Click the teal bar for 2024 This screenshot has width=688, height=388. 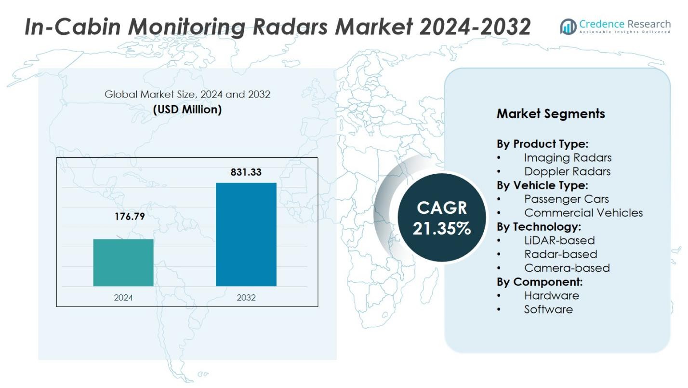(x=123, y=263)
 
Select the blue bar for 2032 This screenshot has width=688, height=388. (x=246, y=235)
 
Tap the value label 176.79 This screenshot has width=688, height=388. (x=129, y=217)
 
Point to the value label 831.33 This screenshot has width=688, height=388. (x=246, y=172)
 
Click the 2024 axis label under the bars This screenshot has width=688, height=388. (x=123, y=297)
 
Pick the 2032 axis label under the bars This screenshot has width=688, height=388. (x=246, y=297)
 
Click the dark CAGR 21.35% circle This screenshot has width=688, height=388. (x=441, y=218)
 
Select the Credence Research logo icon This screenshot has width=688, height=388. (x=568, y=27)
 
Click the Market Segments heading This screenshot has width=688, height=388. (x=551, y=114)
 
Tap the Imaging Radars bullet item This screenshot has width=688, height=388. (x=568, y=157)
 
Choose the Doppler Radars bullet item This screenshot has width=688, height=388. (x=567, y=171)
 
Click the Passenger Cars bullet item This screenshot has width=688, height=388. (x=566, y=199)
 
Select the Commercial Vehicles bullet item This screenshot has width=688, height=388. (x=583, y=213)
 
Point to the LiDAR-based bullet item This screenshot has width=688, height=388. (x=559, y=240)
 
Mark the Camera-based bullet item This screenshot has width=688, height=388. (x=567, y=268)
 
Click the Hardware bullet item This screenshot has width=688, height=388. (x=551, y=295)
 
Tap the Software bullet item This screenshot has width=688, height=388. (x=548, y=309)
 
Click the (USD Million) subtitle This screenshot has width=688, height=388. (x=187, y=110)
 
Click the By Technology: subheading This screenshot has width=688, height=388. (x=539, y=226)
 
